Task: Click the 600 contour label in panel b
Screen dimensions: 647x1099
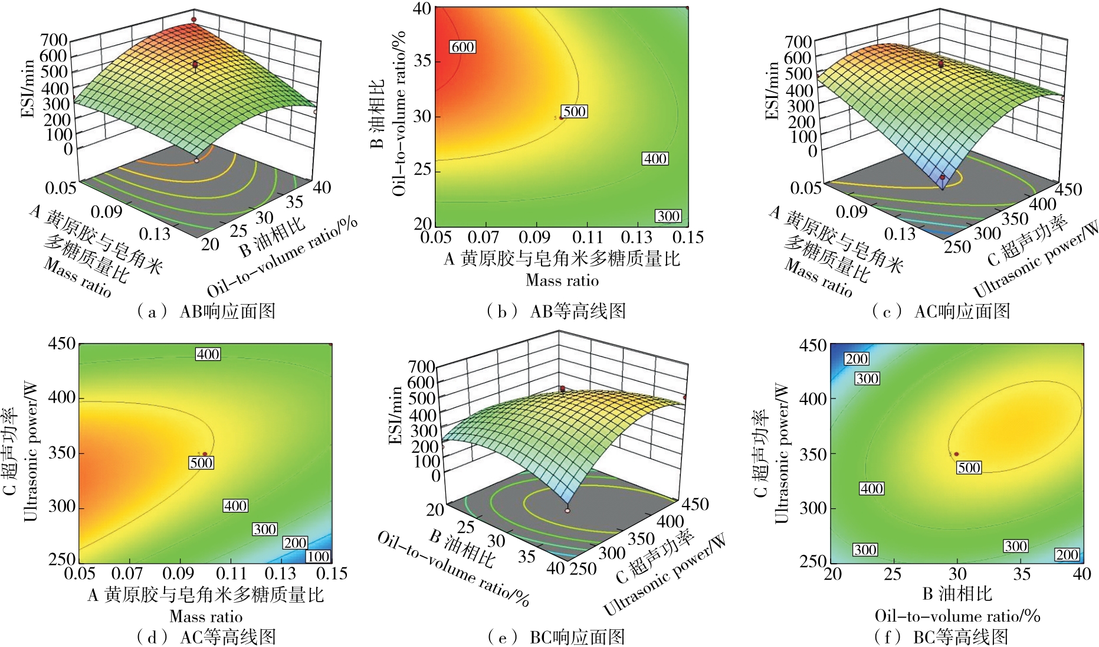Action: (462, 47)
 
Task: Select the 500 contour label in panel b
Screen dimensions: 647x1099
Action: (574, 112)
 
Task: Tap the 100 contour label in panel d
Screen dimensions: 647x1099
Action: (318, 556)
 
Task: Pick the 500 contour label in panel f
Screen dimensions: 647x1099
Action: (969, 468)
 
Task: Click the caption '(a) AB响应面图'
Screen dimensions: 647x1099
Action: (206, 311)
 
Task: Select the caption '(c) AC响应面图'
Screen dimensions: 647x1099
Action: (941, 311)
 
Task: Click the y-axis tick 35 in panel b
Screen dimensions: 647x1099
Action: (422, 61)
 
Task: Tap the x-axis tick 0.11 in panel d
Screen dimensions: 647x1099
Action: (231, 574)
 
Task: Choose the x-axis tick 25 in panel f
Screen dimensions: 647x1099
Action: (893, 574)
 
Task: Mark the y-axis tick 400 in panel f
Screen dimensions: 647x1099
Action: (813, 399)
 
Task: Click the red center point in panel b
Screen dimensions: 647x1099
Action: (562, 118)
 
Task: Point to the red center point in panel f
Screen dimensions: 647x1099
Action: (956, 454)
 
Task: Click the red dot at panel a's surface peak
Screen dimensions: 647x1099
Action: (193, 19)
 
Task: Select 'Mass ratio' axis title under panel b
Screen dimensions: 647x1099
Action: (562, 280)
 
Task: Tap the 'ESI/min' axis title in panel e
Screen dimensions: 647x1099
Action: (396, 415)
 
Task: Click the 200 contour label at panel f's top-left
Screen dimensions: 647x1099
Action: (856, 359)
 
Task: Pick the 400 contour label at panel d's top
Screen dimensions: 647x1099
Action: (208, 354)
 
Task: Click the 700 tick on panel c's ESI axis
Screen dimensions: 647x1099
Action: (798, 42)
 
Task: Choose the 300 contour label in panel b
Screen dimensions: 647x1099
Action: (668, 216)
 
